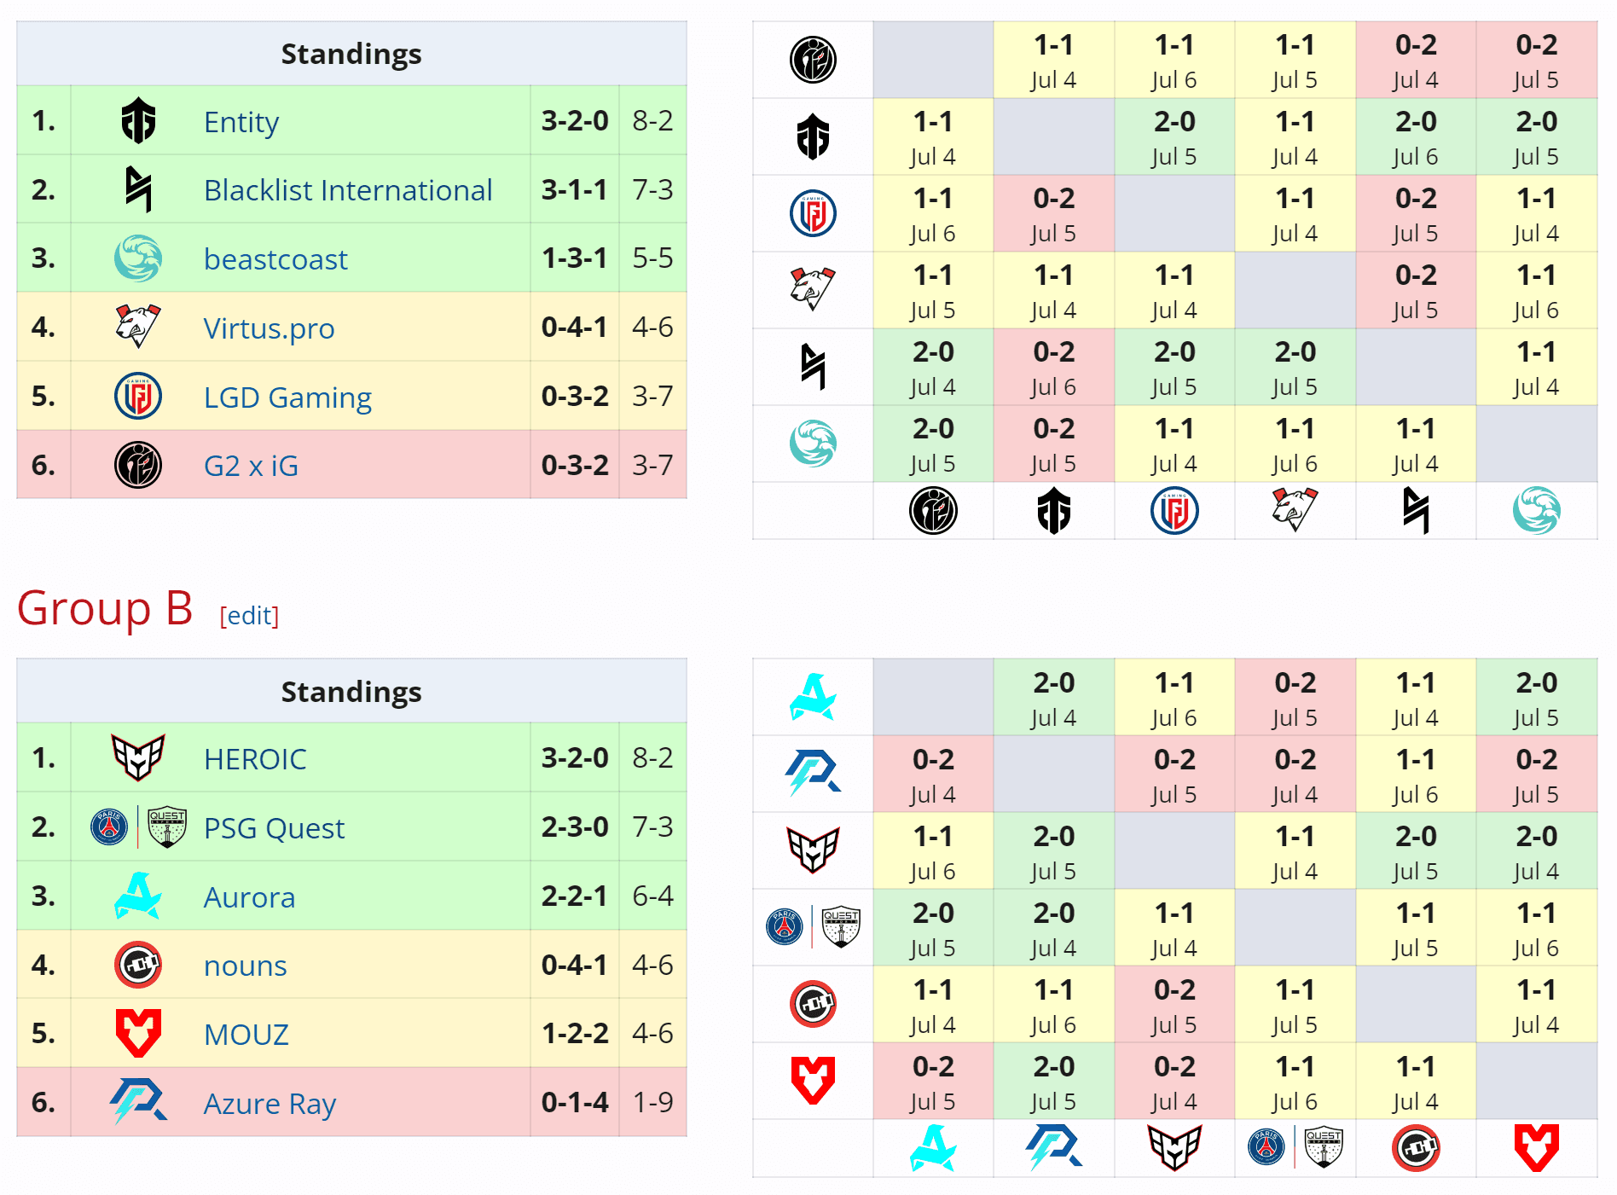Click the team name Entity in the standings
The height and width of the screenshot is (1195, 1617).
click(241, 122)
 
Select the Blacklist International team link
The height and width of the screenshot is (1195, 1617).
click(348, 190)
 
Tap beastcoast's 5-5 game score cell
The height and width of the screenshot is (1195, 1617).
click(652, 258)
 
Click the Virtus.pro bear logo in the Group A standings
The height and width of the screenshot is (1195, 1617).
click(137, 326)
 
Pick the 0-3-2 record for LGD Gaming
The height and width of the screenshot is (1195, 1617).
click(575, 396)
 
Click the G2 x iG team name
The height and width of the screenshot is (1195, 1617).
click(251, 466)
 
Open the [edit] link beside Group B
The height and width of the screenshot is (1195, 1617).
click(249, 615)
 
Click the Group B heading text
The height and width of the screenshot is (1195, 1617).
click(105, 609)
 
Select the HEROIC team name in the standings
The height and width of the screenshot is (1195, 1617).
click(255, 759)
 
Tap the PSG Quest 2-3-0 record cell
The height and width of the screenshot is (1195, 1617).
click(575, 827)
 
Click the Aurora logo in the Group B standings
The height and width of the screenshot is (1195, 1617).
click(137, 896)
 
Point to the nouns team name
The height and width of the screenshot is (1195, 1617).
click(245, 966)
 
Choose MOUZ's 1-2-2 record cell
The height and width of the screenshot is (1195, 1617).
click(575, 1033)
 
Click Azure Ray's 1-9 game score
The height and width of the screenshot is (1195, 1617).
click(652, 1102)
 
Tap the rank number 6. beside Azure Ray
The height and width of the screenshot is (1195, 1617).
click(43, 1102)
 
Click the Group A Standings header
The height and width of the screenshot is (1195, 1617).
click(351, 54)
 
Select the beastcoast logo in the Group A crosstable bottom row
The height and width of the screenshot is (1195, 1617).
click(1536, 510)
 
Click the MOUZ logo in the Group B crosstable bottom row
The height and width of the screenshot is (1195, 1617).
click(1536, 1147)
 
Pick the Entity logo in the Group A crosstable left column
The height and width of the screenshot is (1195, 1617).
click(813, 136)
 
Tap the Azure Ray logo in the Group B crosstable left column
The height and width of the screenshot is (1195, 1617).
click(813, 773)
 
